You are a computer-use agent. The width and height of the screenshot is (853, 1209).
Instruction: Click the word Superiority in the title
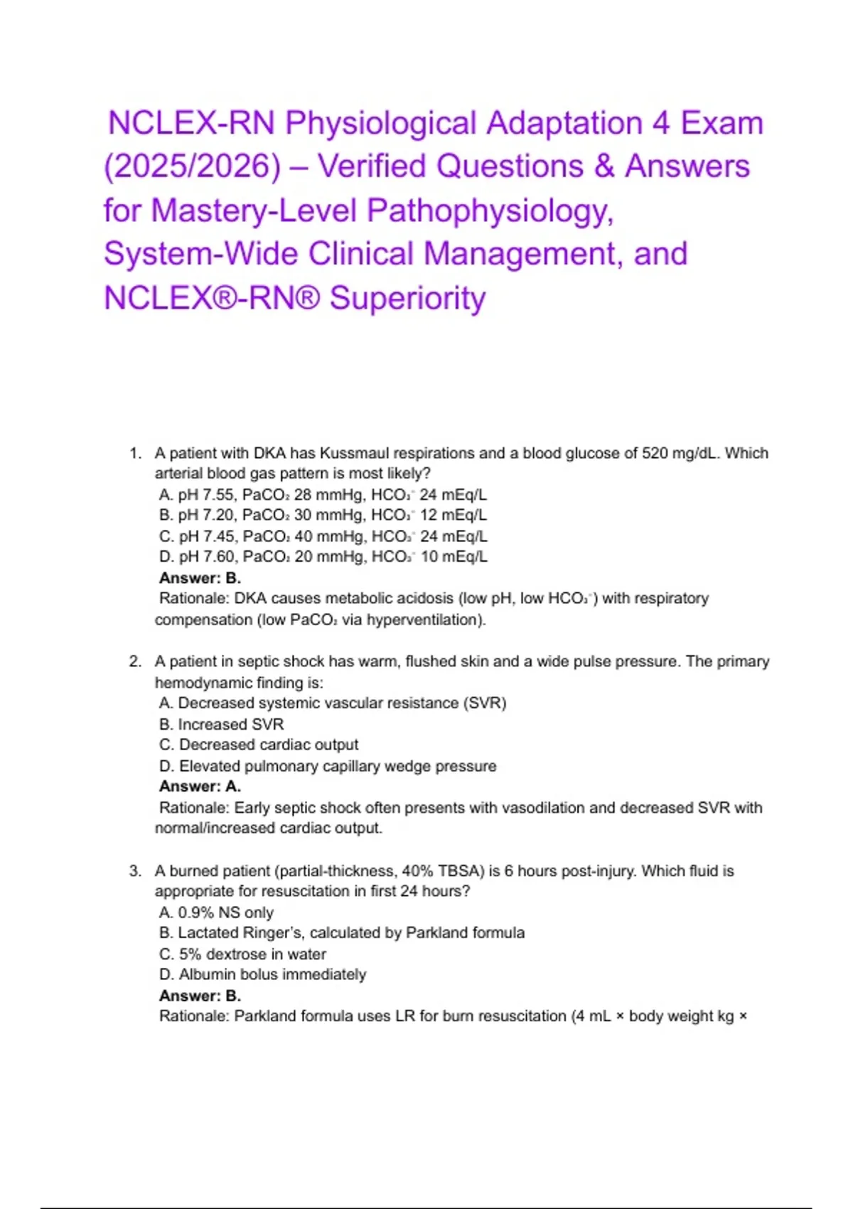408,298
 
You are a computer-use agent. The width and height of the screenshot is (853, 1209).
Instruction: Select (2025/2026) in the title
193,166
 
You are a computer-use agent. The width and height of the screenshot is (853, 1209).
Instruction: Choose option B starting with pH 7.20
323,515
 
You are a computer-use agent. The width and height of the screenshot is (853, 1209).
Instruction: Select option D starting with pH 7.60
323,557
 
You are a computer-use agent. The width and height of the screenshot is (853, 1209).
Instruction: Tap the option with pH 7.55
323,494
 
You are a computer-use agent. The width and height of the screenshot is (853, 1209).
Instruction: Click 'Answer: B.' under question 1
200,577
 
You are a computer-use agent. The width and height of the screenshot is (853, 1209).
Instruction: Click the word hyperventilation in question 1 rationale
425,619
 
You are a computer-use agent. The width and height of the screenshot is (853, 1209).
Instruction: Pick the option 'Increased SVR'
222,724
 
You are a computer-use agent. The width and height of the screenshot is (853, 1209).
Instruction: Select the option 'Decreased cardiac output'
259,745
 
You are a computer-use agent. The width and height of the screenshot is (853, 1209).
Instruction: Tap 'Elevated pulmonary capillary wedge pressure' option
328,766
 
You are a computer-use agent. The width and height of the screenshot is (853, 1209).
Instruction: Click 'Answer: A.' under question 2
200,787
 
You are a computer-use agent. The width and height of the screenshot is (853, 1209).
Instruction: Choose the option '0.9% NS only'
217,912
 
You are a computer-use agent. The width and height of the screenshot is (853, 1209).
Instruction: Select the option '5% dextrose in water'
242,954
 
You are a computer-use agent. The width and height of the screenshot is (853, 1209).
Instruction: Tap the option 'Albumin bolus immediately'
262,974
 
